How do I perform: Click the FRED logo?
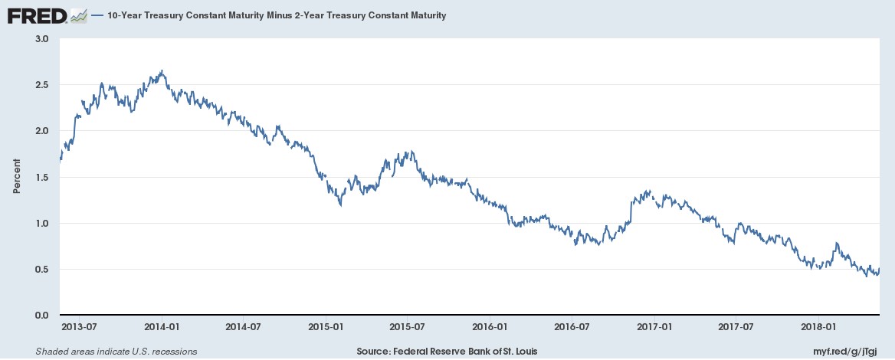pyautogui.click(x=38, y=15)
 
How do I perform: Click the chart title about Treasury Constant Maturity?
pyautogui.click(x=273, y=16)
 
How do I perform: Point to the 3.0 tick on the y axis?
pyautogui.click(x=44, y=39)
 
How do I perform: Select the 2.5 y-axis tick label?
pyautogui.click(x=44, y=84)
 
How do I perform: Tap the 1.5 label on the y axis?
pyautogui.click(x=44, y=177)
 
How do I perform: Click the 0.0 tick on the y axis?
pyautogui.click(x=44, y=315)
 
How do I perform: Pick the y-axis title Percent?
pyautogui.click(x=17, y=176)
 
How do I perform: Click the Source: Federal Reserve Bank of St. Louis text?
pyautogui.click(x=447, y=352)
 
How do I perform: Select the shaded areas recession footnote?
pyautogui.click(x=116, y=352)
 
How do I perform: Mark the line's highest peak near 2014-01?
pyautogui.click(x=162, y=70)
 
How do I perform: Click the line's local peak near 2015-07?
pyautogui.click(x=411, y=151)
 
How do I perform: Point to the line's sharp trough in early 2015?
pyautogui.click(x=341, y=205)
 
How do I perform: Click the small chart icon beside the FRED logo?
pyautogui.click(x=78, y=16)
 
